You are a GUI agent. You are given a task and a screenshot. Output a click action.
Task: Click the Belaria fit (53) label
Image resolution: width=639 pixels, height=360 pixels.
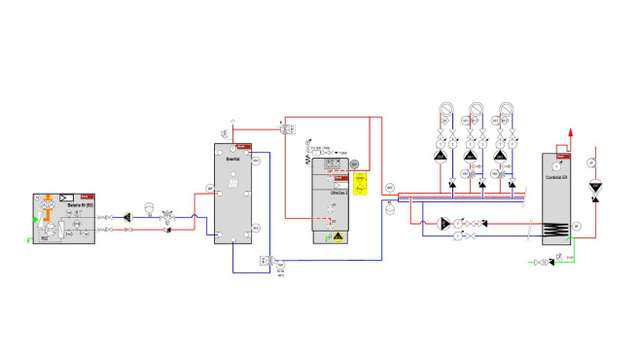tap(66, 205)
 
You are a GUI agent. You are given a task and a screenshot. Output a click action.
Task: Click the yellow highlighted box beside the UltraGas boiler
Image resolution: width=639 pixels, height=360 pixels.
tap(360, 184)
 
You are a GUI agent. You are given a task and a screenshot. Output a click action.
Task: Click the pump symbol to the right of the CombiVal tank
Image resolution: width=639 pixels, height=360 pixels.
tap(595, 185)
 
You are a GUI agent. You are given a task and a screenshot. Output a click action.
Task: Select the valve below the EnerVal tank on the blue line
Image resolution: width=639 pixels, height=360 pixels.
tap(266, 261)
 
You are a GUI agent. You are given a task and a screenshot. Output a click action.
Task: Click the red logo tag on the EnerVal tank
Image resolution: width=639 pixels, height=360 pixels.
tap(246, 147)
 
